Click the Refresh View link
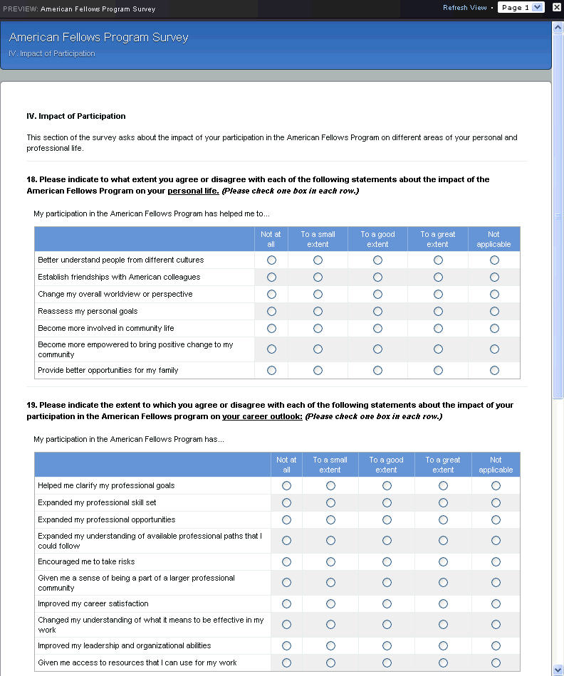(x=464, y=8)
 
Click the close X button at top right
(x=557, y=7)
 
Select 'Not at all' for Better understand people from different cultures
(x=271, y=260)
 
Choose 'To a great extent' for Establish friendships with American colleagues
(x=438, y=278)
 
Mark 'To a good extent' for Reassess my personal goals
(x=377, y=312)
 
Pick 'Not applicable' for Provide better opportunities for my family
(x=494, y=371)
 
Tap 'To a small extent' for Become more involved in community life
(x=318, y=329)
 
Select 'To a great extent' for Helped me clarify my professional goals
(x=443, y=486)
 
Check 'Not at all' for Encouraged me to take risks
(x=286, y=562)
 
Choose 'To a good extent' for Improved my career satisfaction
(x=387, y=604)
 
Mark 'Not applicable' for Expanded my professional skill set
(x=496, y=503)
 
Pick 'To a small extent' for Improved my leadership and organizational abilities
(x=330, y=646)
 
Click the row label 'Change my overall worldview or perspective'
(x=115, y=295)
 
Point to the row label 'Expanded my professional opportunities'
(x=106, y=520)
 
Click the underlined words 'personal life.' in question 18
(x=193, y=191)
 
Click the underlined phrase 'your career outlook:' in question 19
(x=262, y=416)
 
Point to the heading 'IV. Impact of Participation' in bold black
(x=75, y=116)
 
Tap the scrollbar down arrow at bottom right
(x=558, y=670)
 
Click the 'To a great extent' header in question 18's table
(x=437, y=239)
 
